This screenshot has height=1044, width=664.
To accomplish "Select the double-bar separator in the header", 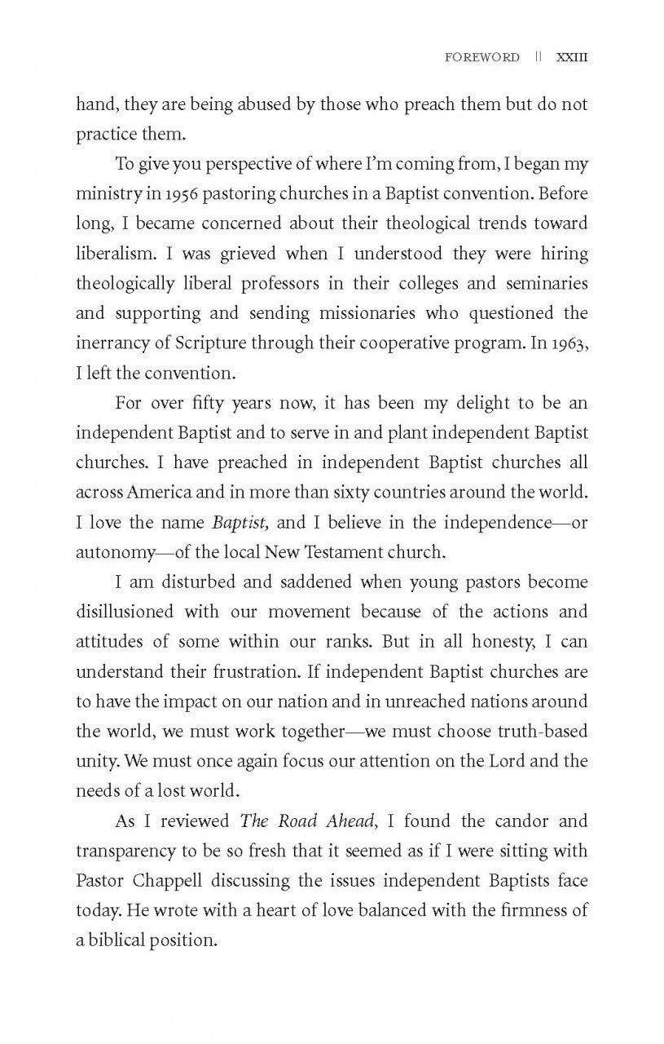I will (x=538, y=58).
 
